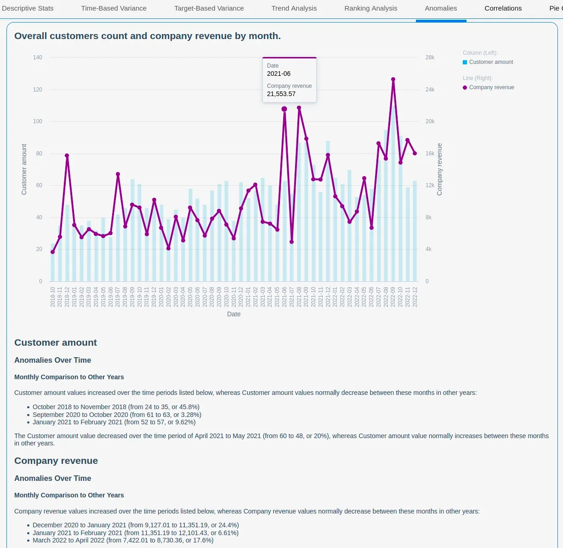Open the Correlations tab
click(x=503, y=8)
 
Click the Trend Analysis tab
click(x=294, y=8)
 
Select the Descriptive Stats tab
click(x=28, y=8)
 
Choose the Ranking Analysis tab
click(x=370, y=8)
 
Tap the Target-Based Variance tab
click(x=209, y=8)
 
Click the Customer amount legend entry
click(x=490, y=62)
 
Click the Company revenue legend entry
click(x=491, y=87)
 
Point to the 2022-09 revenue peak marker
click(x=393, y=80)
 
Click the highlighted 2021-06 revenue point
click(x=284, y=109)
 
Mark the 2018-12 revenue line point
click(x=67, y=155)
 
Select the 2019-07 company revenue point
click(x=118, y=174)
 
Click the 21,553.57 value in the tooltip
click(x=281, y=94)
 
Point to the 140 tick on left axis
click(x=38, y=57)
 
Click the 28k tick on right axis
click(x=430, y=57)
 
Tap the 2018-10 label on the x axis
click(x=53, y=297)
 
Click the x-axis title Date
click(x=233, y=314)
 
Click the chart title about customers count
click(x=147, y=36)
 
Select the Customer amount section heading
click(x=56, y=342)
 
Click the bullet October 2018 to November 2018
click(x=116, y=407)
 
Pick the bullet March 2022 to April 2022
click(x=123, y=540)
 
